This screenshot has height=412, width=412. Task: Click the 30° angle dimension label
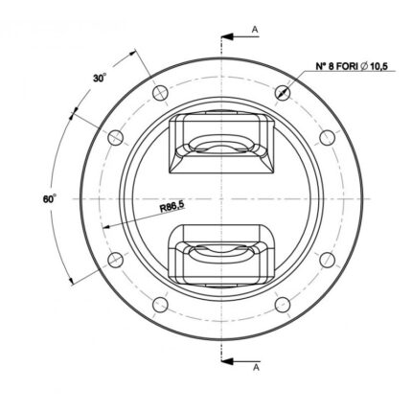(x=100, y=78)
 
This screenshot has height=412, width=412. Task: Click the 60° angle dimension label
(x=50, y=199)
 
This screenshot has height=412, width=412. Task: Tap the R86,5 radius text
(x=172, y=207)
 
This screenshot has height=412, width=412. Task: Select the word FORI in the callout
(x=345, y=66)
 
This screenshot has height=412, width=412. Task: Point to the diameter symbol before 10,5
(x=363, y=66)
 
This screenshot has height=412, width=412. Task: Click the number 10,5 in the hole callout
(x=378, y=66)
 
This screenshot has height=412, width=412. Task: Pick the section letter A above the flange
(x=255, y=30)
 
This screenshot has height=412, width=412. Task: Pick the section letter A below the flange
(x=256, y=368)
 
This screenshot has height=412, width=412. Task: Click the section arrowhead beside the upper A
(x=226, y=37)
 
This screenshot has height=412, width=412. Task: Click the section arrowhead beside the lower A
(x=226, y=361)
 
